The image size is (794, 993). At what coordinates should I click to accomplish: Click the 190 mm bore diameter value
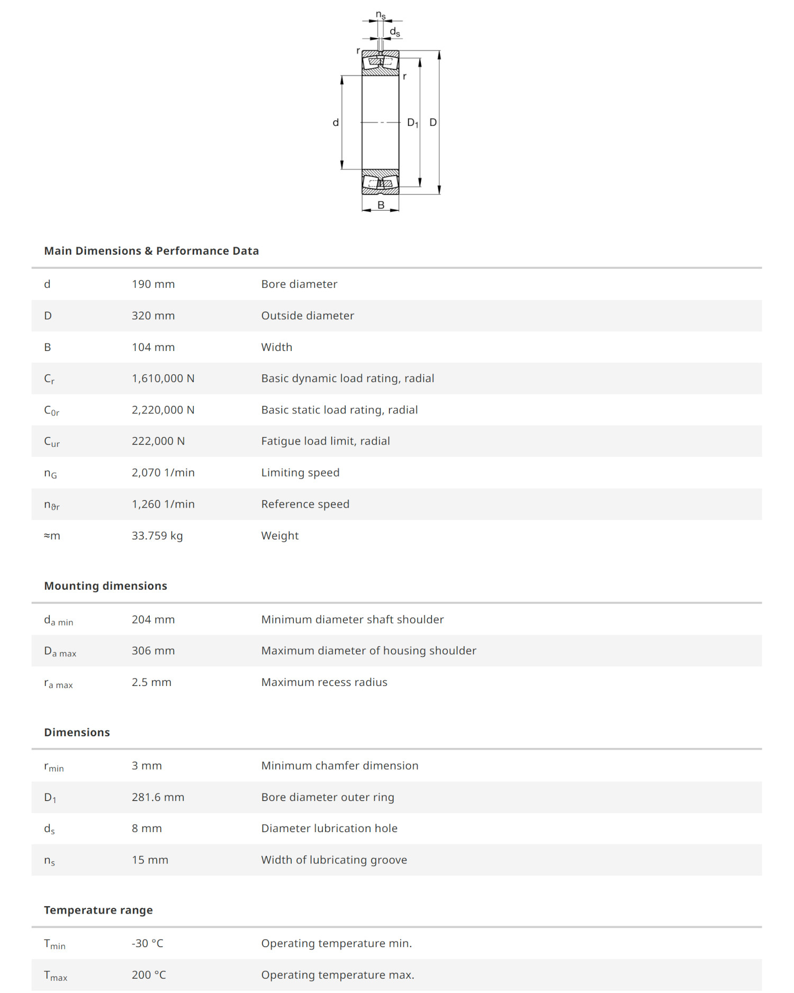point(153,284)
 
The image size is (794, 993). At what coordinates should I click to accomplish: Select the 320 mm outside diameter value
point(153,316)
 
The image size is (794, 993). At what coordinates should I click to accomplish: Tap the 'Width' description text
point(276,347)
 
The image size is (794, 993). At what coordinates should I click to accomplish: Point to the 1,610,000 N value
point(163,378)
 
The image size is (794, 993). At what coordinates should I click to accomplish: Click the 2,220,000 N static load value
point(163,410)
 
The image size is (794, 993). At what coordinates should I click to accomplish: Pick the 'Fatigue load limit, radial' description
point(325,441)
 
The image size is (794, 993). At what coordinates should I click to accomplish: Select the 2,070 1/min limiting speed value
point(163,473)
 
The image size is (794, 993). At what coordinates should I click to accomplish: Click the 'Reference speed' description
point(305,504)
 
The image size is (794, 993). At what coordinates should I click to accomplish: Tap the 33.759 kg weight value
point(157,536)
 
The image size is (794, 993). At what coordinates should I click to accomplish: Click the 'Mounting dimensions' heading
point(105,586)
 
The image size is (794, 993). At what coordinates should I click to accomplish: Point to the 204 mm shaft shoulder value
point(153,620)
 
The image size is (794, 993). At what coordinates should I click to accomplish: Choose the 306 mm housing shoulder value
point(153,651)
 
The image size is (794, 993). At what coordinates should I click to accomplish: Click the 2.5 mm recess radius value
point(151,682)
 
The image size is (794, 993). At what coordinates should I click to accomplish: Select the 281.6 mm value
point(158,797)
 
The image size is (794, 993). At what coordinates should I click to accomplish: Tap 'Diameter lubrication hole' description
point(329,828)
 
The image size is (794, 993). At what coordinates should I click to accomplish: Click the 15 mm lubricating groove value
point(150,860)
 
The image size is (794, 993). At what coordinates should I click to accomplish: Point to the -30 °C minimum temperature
point(148,944)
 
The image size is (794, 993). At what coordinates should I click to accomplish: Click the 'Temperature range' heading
point(98,910)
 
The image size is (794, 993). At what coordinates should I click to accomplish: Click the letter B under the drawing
point(381,205)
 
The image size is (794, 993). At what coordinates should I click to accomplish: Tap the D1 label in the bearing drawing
point(412,123)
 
